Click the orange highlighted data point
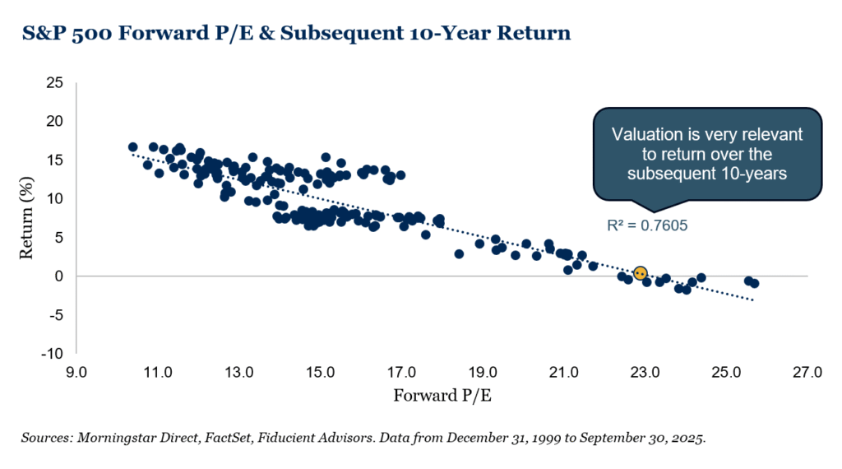tap(640, 273)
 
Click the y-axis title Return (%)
tap(26, 218)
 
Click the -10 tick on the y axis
tap(53, 353)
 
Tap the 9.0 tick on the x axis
tap(76, 372)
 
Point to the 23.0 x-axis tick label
tap(645, 372)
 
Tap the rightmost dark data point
tap(754, 283)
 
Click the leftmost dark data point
tap(132, 147)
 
